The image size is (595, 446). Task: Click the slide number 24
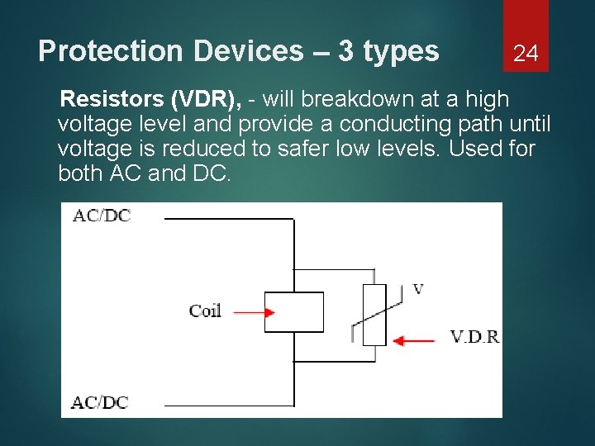(526, 55)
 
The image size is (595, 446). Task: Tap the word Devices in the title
(249, 51)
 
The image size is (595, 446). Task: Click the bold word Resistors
(112, 100)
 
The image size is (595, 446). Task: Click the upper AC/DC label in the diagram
(102, 216)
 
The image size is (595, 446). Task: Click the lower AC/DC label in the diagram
(99, 402)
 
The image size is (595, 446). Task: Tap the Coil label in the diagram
(205, 311)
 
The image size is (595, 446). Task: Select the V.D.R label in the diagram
(474, 337)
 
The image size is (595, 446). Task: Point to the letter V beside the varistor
(417, 289)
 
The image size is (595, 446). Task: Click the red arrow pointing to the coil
(255, 312)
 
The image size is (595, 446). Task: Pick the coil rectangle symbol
(293, 312)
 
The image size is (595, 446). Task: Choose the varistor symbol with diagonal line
(374, 315)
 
